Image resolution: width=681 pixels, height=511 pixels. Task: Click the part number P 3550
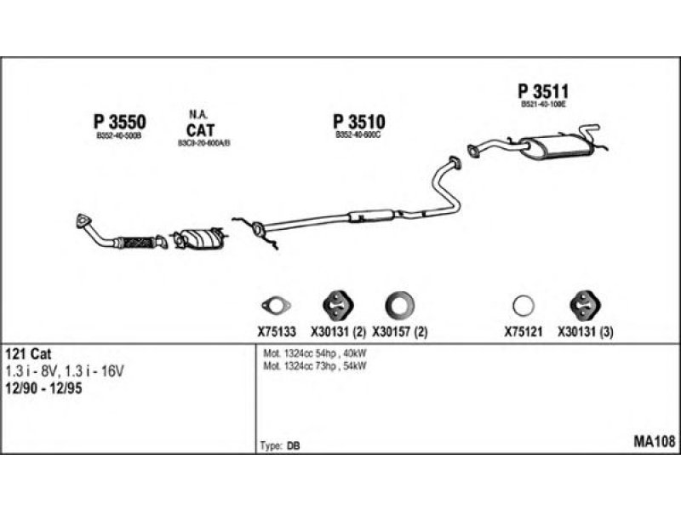coord(119,121)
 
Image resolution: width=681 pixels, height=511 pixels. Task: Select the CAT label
coord(201,129)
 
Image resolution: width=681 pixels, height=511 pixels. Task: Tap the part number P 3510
coord(358,121)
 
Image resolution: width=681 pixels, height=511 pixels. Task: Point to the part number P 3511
coord(542,91)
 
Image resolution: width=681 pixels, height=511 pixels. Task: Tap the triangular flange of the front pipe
coord(83,222)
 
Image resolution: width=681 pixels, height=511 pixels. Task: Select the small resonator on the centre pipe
coord(371,215)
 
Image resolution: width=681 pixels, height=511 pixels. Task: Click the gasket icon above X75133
coord(275,305)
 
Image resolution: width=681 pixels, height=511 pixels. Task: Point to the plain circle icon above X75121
coord(524,304)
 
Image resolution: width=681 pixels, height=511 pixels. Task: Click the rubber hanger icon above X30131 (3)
coord(581,304)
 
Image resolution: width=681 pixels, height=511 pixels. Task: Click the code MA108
coord(654,441)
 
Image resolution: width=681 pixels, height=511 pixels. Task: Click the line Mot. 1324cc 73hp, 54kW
coord(314,365)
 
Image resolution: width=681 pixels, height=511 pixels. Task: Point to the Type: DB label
coord(278,445)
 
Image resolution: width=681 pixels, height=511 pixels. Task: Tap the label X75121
coord(523,333)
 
